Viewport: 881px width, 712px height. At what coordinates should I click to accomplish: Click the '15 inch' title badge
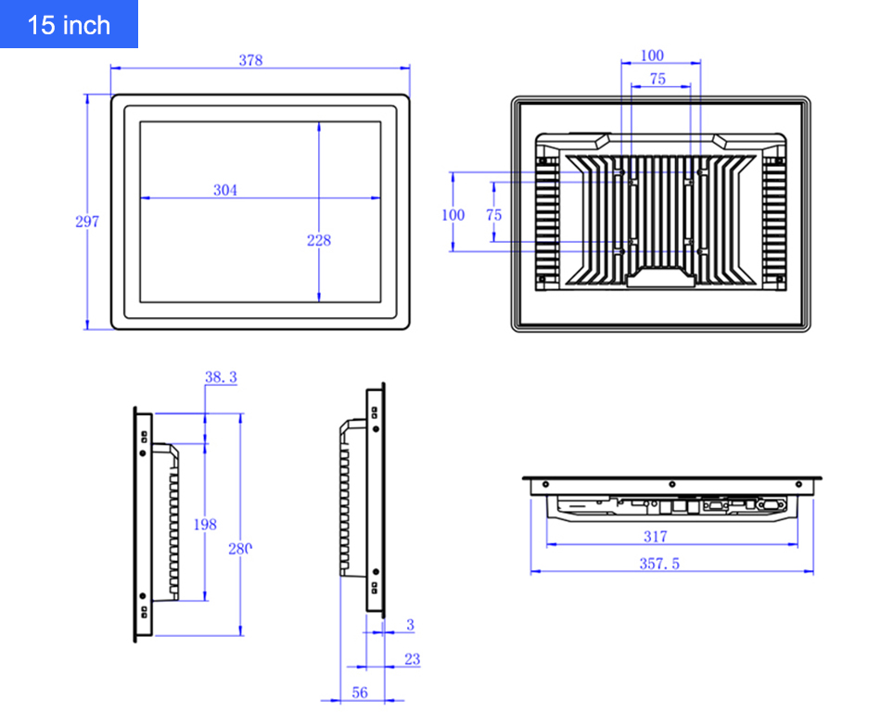tap(69, 24)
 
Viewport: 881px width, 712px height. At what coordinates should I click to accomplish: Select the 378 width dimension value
tap(250, 60)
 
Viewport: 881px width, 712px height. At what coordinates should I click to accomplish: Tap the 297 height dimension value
tap(86, 222)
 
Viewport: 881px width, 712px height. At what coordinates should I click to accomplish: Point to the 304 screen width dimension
tap(225, 190)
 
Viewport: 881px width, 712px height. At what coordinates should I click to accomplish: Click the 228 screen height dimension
tap(318, 240)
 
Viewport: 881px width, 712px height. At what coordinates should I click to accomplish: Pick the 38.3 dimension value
tap(221, 376)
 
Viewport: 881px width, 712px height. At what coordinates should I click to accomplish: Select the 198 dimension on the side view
tap(205, 524)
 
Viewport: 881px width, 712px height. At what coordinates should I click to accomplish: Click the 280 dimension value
tap(240, 548)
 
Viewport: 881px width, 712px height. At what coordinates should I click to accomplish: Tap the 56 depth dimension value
tap(359, 693)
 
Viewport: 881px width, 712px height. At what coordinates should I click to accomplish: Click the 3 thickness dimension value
tap(410, 625)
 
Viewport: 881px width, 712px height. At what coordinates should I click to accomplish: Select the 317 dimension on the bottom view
tap(655, 536)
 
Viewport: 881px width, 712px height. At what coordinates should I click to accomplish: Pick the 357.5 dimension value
tap(659, 563)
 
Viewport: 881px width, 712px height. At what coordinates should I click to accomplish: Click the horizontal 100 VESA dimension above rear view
tap(653, 56)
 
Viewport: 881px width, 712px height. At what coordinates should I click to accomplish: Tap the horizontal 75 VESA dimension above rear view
tap(658, 80)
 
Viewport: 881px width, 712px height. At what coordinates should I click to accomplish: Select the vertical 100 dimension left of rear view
tap(453, 214)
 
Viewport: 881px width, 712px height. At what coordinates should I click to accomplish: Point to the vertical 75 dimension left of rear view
tap(493, 214)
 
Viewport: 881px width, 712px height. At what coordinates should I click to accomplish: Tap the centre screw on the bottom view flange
tap(670, 483)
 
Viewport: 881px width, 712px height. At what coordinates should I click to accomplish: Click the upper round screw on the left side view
tap(142, 454)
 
